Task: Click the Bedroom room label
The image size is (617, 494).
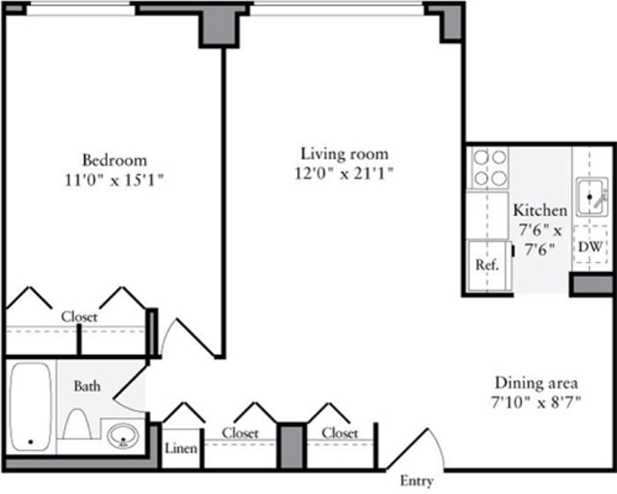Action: coord(114,161)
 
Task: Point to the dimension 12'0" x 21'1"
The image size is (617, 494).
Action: coord(344,173)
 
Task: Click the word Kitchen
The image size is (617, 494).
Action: coord(540,210)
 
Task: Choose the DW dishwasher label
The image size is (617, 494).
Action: coord(590,247)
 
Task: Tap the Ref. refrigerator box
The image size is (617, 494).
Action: coord(487,265)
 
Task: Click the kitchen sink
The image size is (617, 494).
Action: coord(592,197)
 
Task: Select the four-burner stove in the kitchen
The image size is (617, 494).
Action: coord(490,168)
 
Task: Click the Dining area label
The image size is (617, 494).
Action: coord(536,383)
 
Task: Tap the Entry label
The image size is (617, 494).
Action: coord(416,482)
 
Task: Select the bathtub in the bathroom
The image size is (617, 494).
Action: coord(31,407)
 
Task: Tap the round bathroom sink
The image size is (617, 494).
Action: coord(122,436)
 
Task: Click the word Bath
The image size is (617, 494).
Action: coord(86,386)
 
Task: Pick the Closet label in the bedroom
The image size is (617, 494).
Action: coord(79,316)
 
